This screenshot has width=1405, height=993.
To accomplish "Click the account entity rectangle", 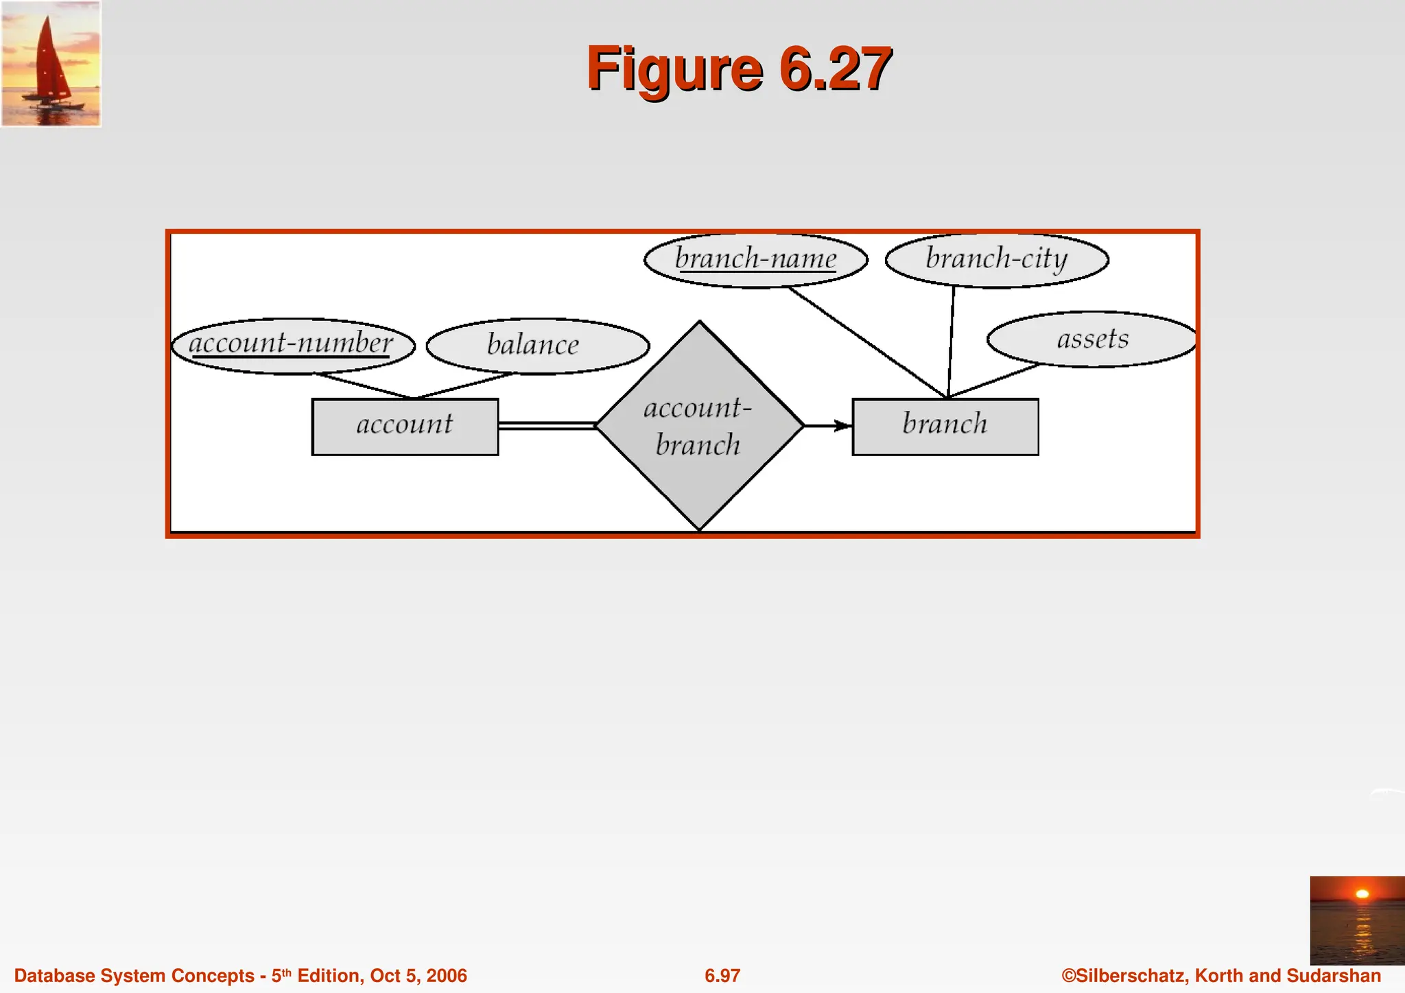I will [x=405, y=427].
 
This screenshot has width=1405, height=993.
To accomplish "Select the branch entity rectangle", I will [x=945, y=427].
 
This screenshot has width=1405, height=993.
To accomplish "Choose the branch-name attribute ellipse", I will [x=755, y=260].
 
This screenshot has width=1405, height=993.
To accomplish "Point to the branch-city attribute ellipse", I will [x=996, y=260].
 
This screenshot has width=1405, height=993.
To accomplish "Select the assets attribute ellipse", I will [x=1092, y=339].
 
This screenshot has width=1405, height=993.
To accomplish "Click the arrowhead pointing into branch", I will [x=843, y=426].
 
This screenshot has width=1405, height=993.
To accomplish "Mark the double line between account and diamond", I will [x=547, y=426].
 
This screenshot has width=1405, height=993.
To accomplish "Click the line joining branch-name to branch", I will [x=868, y=342].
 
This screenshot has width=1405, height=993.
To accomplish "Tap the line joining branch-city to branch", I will [x=951, y=342].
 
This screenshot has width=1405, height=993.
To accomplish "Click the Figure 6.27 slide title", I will [x=739, y=68].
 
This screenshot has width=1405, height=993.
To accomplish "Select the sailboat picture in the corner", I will [x=51, y=64].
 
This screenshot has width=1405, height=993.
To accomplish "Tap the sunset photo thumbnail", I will [x=1356, y=920].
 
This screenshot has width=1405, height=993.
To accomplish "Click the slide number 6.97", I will [x=722, y=976].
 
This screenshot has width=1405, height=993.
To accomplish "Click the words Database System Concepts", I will [x=134, y=976].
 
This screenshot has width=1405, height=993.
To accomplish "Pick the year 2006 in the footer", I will [x=447, y=976].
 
